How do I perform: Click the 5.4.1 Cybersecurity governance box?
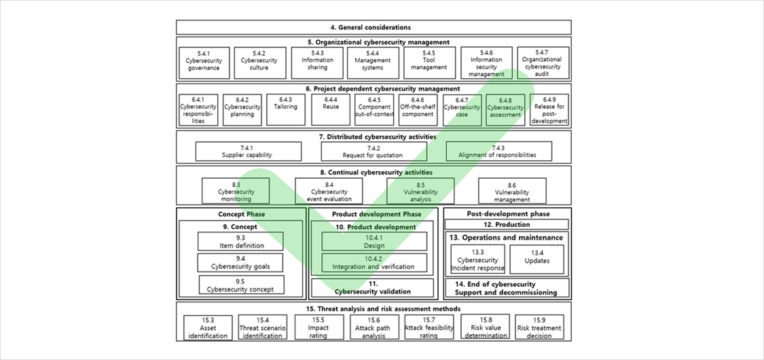204,62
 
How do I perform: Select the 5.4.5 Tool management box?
429,62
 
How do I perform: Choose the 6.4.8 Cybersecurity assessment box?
505,110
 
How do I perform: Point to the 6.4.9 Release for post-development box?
549,110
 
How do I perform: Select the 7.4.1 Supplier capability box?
248,151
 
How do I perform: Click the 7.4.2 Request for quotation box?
374,151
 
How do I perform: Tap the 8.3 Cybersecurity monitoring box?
236,192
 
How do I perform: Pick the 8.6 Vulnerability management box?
511,192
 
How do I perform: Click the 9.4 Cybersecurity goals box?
241,263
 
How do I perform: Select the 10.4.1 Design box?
374,242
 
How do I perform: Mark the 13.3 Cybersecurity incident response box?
478,260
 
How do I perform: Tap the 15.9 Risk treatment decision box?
539,327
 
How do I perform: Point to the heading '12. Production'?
507,224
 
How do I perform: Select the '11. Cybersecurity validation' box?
373,287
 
